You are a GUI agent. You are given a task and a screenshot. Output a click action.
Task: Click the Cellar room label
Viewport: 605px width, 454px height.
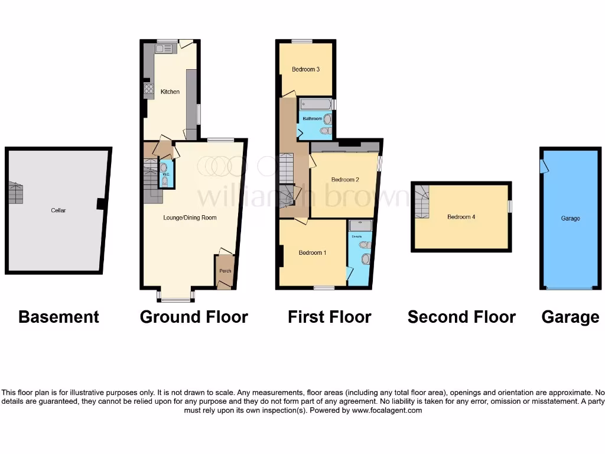(x=58, y=210)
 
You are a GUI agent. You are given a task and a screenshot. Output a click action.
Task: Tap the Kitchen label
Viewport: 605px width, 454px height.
(x=170, y=92)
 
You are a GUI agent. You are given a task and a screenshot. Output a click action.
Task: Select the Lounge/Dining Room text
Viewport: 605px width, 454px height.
(x=190, y=218)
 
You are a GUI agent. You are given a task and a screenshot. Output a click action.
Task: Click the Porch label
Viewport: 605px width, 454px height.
(x=225, y=271)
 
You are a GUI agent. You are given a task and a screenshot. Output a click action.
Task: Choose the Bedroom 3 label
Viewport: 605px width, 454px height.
(x=305, y=69)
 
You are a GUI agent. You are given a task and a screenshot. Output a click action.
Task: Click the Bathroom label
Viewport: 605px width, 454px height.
(x=313, y=118)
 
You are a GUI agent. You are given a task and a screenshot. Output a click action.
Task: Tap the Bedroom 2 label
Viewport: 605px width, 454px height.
(x=345, y=180)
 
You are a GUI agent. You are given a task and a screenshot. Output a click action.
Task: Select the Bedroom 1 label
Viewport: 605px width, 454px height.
(x=313, y=253)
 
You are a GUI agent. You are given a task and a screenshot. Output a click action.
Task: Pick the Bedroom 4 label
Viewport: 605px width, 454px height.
(x=461, y=217)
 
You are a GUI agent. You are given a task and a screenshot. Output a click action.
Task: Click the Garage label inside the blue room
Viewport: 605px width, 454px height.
(x=570, y=218)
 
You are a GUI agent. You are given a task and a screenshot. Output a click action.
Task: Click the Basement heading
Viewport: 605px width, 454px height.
(x=58, y=317)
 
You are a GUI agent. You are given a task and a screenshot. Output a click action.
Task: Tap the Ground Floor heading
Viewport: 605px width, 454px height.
(x=194, y=317)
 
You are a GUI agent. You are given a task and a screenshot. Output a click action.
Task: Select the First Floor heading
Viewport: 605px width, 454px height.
(x=329, y=317)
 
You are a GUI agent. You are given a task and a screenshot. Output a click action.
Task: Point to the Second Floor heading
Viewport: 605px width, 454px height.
(x=461, y=317)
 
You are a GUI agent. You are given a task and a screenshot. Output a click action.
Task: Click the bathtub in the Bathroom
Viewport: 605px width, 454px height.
(x=315, y=104)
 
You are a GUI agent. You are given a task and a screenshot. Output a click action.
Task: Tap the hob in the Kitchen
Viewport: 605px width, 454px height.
(x=149, y=89)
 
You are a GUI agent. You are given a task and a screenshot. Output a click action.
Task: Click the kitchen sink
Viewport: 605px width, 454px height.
(x=164, y=48)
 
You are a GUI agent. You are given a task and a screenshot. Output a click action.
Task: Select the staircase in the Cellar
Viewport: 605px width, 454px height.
(x=15, y=193)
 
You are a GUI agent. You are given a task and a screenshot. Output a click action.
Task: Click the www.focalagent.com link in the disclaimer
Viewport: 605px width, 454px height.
(x=387, y=410)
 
